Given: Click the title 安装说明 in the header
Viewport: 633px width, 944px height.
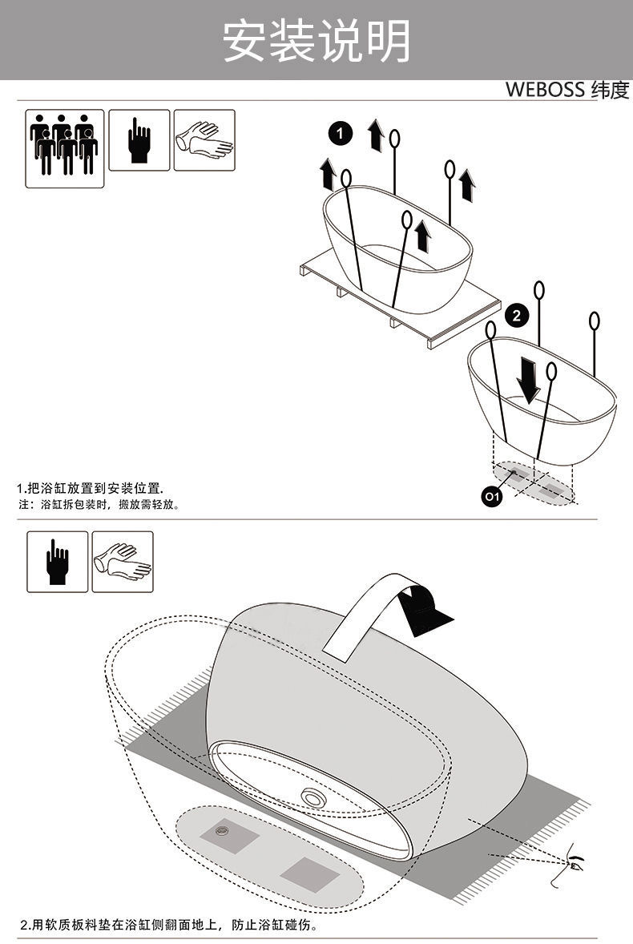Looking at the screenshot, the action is pos(316,40).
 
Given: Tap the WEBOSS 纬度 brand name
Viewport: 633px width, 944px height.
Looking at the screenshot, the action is pos(566,89).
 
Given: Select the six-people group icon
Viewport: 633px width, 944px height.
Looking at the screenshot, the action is pos(64,148).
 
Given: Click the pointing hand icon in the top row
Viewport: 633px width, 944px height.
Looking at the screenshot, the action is pos(139,140).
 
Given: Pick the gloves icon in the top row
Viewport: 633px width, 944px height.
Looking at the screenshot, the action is pos(204,140).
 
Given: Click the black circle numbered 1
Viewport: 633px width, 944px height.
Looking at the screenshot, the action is pos(341,133).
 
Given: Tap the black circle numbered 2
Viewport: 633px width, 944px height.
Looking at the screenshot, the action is pos(516,315).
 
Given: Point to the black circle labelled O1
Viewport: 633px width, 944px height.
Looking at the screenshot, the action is pos(492,496).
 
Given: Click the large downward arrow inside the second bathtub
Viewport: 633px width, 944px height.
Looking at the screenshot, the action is pos(529,380).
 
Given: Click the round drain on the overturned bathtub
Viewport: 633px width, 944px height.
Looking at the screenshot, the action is pos(312,797).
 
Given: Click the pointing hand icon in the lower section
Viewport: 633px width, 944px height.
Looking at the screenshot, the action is pos(57,562).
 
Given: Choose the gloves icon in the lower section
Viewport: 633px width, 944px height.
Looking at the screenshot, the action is pos(123,562).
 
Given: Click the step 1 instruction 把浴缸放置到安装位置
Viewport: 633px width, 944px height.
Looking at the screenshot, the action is pos(91,488).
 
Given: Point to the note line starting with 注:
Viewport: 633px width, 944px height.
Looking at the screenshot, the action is pos(99,505).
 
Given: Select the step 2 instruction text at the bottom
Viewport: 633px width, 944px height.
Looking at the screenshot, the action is pos(169,924).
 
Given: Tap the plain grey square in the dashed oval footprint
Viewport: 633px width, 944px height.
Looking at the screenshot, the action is pos(310,873).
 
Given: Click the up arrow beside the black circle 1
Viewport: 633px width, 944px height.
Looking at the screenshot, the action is pos(376,135).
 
